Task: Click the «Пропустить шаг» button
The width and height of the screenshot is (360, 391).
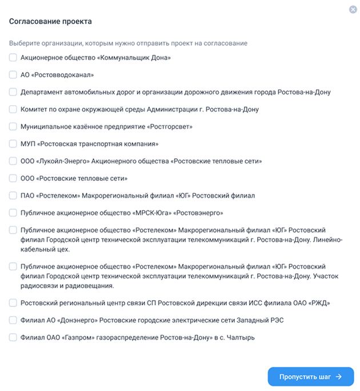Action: pyautogui.click(x=310, y=377)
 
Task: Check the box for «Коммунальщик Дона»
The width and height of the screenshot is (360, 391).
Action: pyautogui.click(x=13, y=57)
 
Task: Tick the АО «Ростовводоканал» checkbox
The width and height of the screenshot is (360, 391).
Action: pyautogui.click(x=13, y=74)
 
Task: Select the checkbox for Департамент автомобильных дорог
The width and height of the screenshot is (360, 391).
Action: pyautogui.click(x=13, y=91)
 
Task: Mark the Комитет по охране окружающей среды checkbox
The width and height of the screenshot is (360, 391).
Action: pyautogui.click(x=13, y=109)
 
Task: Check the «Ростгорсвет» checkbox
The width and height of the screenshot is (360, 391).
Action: pyautogui.click(x=13, y=126)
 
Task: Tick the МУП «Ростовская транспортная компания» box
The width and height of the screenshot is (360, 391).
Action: pyautogui.click(x=13, y=143)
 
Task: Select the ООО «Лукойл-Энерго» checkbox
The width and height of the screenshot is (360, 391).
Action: pyautogui.click(x=13, y=161)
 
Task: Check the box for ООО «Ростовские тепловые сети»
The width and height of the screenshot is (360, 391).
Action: pyautogui.click(x=13, y=178)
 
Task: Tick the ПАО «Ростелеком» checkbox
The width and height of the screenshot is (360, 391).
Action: pyautogui.click(x=13, y=195)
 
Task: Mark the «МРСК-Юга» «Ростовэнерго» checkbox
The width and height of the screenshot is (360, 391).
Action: pyautogui.click(x=13, y=213)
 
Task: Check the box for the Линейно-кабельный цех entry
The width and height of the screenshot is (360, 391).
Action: pyautogui.click(x=13, y=230)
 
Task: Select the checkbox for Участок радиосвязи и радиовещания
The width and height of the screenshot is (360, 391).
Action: pyautogui.click(x=13, y=266)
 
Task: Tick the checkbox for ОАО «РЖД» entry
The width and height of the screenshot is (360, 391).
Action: pyautogui.click(x=13, y=303)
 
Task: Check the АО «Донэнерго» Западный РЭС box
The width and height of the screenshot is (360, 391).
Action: pyautogui.click(x=13, y=320)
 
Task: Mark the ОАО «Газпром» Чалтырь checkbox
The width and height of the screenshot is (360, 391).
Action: pyautogui.click(x=13, y=337)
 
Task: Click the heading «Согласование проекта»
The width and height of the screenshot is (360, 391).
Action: pyautogui.click(x=50, y=21)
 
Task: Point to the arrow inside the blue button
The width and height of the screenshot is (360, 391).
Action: pyautogui.click(x=339, y=377)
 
